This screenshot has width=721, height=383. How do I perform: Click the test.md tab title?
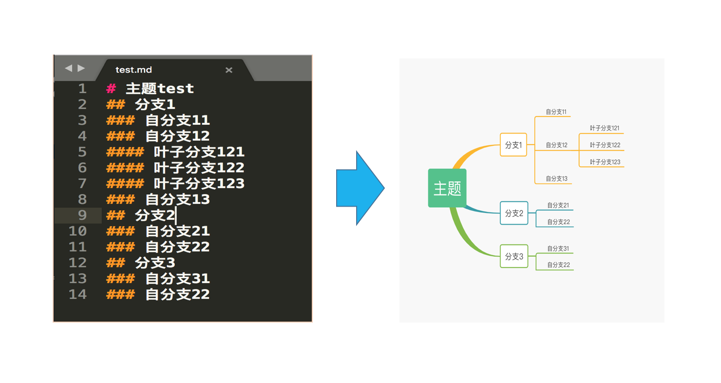pyautogui.click(x=133, y=70)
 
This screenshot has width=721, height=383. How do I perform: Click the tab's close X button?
pyautogui.click(x=229, y=70)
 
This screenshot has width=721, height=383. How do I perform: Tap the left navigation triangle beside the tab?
pyautogui.click(x=68, y=68)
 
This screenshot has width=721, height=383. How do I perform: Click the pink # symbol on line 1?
pyautogui.click(x=111, y=89)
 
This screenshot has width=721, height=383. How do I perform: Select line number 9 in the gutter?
pyautogui.click(x=82, y=215)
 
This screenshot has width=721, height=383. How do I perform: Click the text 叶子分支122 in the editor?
pyautogui.click(x=199, y=168)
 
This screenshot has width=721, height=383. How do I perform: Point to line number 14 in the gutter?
pyautogui.click(x=77, y=294)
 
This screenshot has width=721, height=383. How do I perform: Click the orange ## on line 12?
pyautogui.click(x=115, y=263)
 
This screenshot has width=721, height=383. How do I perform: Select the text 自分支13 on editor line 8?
pyautogui.click(x=177, y=199)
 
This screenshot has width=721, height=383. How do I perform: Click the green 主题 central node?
pyautogui.click(x=447, y=188)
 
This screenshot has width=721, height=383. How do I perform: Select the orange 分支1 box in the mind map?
pyautogui.click(x=513, y=145)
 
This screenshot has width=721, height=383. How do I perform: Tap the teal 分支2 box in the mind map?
pyautogui.click(x=514, y=213)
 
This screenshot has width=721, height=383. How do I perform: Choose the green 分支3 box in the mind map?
pyautogui.click(x=514, y=256)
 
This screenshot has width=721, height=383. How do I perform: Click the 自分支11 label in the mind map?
pyautogui.click(x=556, y=112)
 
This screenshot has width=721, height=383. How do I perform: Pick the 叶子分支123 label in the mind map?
pyautogui.click(x=605, y=162)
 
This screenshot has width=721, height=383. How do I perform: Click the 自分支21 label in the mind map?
pyautogui.click(x=558, y=205)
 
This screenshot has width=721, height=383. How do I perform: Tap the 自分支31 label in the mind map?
pyautogui.click(x=558, y=249)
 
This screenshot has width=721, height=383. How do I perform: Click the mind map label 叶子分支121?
pyautogui.click(x=605, y=128)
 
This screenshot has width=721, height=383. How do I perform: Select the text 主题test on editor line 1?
pyautogui.click(x=160, y=89)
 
